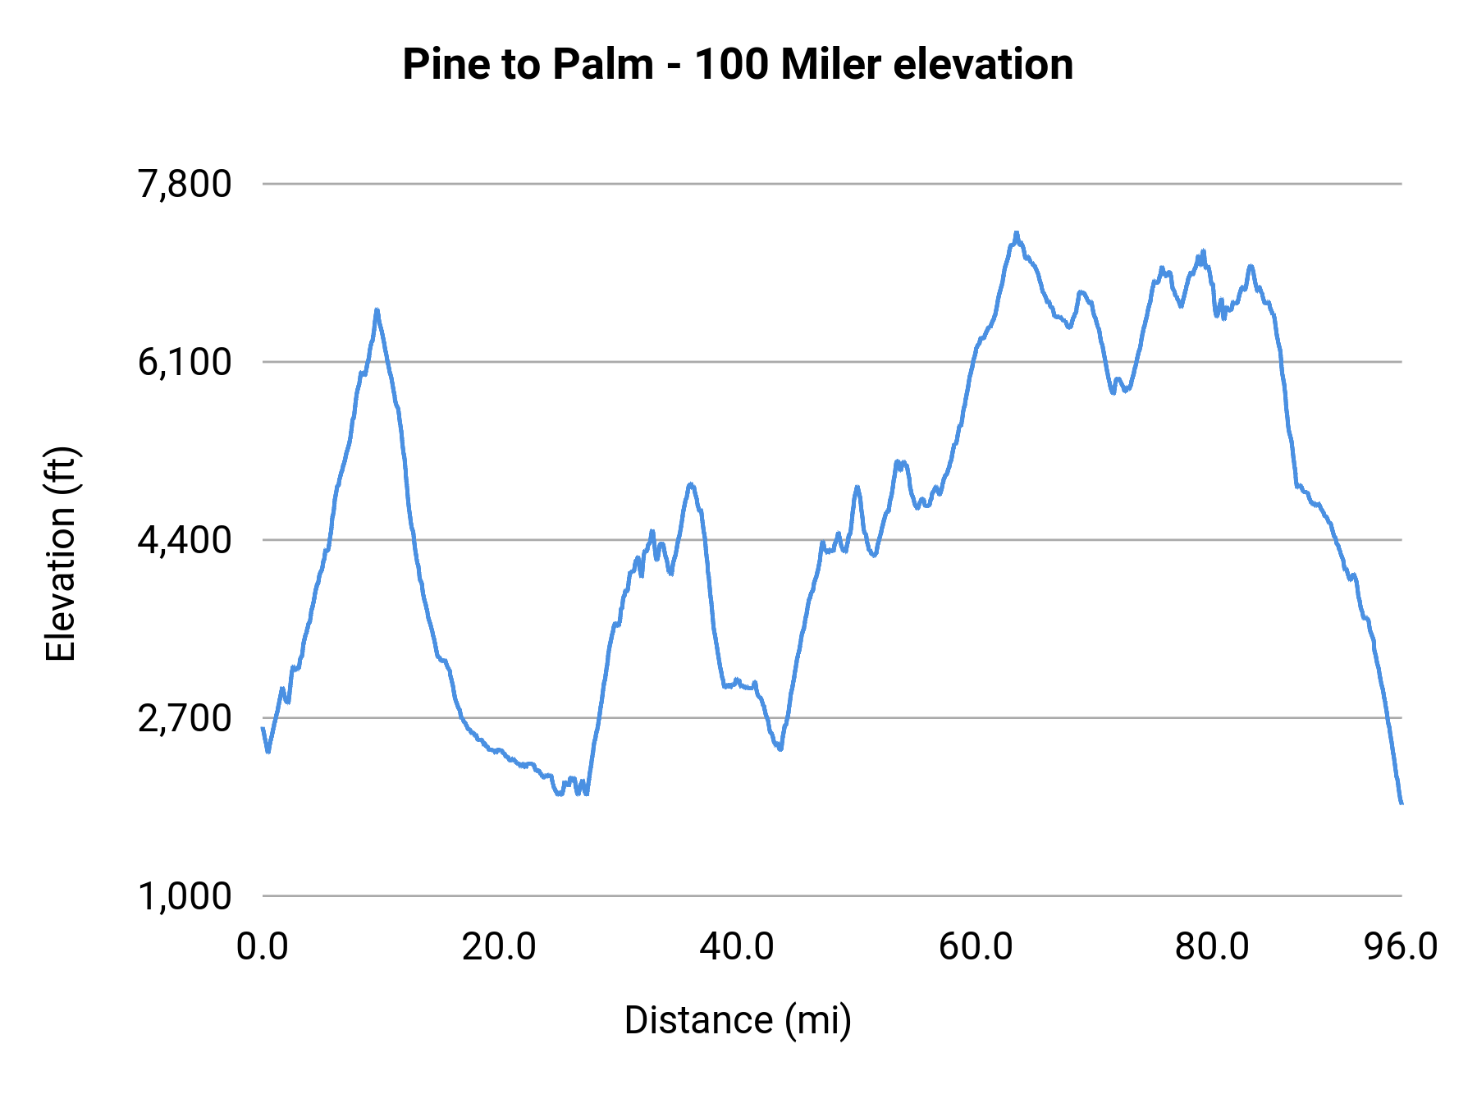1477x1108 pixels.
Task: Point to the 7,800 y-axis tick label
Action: point(185,184)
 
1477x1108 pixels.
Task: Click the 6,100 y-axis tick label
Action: point(185,362)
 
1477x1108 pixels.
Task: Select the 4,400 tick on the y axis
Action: point(185,540)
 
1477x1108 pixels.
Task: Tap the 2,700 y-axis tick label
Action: point(185,718)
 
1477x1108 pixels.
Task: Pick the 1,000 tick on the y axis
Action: point(185,896)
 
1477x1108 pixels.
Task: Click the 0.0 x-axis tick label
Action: point(263,947)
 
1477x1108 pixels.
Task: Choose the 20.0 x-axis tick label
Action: point(499,947)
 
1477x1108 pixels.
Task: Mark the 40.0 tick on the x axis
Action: point(737,947)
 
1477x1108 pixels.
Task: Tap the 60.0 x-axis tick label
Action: point(975,947)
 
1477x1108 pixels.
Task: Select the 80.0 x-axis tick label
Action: point(1212,947)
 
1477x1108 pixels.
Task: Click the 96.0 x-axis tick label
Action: point(1401,947)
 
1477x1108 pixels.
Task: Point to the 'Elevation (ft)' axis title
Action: point(61,555)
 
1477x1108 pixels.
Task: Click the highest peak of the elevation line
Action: point(1016,233)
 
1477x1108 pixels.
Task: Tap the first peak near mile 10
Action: point(377,310)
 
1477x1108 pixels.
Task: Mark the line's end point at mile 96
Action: point(1402,803)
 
